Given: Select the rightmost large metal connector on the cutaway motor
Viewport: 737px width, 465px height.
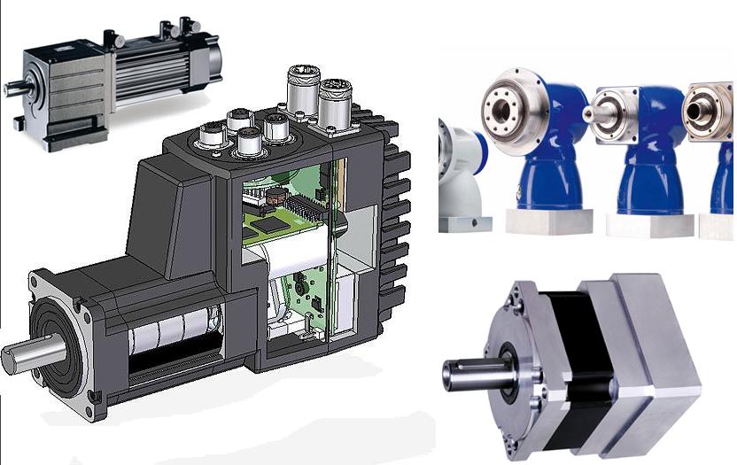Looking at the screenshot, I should click(334, 99).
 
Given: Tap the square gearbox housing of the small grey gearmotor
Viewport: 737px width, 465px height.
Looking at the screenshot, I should click(62, 89).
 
